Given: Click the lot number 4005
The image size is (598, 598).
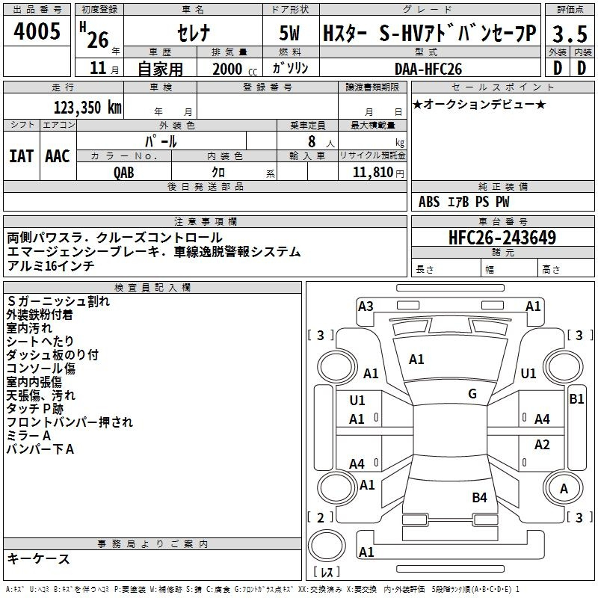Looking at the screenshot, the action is tap(37, 31).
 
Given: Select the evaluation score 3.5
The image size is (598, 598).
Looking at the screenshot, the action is tap(570, 34).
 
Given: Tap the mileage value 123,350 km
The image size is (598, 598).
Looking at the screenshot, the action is tap(87, 108).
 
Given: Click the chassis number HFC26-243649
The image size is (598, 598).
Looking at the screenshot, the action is tap(502, 237).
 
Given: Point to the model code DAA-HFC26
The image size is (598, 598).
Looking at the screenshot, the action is tap(428, 69).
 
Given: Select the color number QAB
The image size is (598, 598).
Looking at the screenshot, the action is tap(124, 173).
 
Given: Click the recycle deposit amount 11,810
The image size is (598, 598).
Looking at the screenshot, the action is tap(373, 173).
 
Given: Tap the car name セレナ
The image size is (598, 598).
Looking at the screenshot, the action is tap(194, 33).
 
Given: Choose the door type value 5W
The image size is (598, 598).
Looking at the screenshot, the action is tap(289, 33).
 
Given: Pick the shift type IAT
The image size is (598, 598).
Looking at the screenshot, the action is tap(22, 156).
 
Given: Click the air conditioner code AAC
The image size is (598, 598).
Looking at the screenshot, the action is tap(58, 156).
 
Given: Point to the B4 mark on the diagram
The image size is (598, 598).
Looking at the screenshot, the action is tap(479, 498).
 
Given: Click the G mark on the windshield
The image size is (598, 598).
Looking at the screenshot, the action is tap(472, 394).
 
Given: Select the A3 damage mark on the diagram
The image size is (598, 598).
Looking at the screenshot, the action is tap(366, 306).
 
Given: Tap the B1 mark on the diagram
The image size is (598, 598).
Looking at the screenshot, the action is tap(576, 399).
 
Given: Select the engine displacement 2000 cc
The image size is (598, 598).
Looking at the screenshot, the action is tap(235, 70).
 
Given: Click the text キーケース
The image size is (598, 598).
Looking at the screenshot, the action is tap(38, 559).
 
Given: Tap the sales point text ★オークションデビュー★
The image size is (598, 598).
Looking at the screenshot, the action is tap(479, 105).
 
